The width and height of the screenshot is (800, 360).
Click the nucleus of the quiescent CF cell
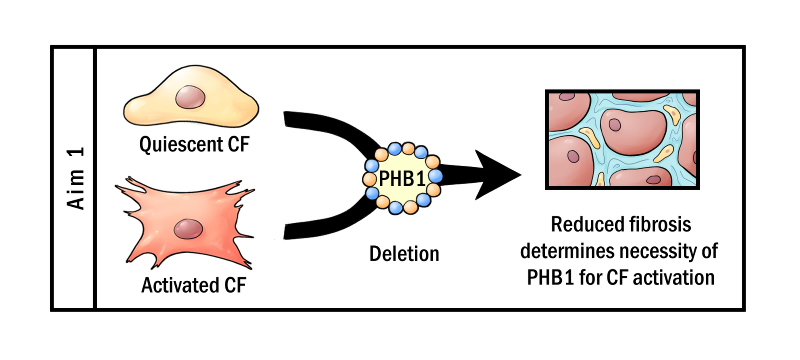coord(190,97)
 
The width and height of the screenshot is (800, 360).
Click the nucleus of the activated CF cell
coord(188,229)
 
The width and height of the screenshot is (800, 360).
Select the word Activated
coord(180,285)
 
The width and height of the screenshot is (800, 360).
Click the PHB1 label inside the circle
coord(402,179)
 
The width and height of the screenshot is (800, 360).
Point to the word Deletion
coord(404,254)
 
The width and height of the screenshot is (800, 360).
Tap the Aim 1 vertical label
coord(76,178)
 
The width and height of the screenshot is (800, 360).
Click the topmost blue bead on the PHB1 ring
coord(395,149)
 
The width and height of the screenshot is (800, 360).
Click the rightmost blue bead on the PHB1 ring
coord(435,176)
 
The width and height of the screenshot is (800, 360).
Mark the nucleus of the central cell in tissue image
coord(615,125)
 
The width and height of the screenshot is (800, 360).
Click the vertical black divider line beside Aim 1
coord(95,178)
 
